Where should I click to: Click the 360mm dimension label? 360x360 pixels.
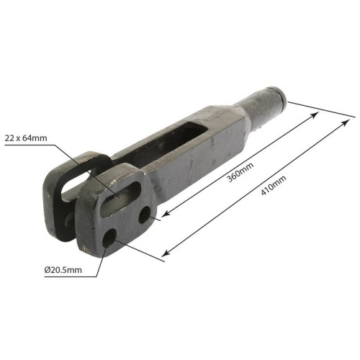[240, 172]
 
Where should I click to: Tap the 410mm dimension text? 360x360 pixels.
[274, 185]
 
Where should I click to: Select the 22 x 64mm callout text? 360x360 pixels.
[26, 138]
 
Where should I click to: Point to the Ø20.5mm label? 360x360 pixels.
[63, 270]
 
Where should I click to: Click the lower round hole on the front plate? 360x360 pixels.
[109, 238]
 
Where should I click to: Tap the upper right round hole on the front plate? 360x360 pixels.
[145, 215]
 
